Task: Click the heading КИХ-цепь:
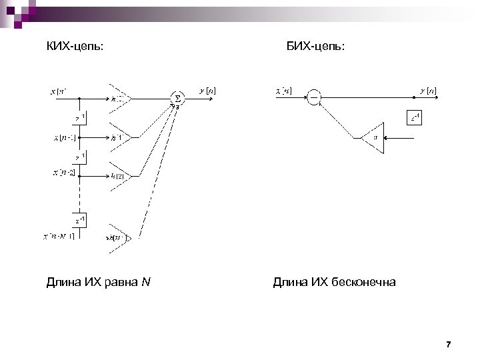click(75, 46)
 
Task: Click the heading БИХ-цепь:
click(315, 46)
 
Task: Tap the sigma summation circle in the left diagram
click(177, 98)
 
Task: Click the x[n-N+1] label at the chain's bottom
click(59, 235)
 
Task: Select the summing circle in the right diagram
click(314, 98)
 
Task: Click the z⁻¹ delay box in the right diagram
click(415, 118)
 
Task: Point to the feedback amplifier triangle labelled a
click(374, 138)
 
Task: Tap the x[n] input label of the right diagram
click(284, 90)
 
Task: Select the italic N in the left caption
click(146, 283)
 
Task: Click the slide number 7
click(448, 345)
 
